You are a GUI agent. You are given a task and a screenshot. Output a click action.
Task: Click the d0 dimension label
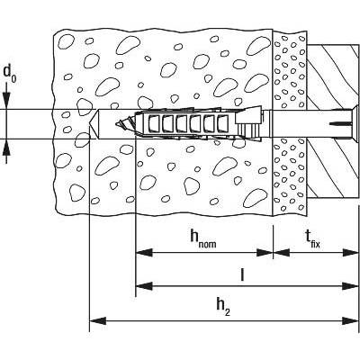pyautogui.click(x=10, y=74)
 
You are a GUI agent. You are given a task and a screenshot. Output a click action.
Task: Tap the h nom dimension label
pyautogui.click(x=203, y=238)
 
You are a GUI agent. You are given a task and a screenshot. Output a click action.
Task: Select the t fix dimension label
pyautogui.click(x=312, y=239)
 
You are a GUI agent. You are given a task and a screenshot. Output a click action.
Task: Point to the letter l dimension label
pyautogui.click(x=242, y=274)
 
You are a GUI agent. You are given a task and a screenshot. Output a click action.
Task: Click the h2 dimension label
pyautogui.click(x=222, y=307)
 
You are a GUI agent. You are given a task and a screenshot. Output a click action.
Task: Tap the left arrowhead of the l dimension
pyautogui.click(x=144, y=285)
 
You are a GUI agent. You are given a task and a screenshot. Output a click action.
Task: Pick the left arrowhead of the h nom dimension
pyautogui.click(x=144, y=253)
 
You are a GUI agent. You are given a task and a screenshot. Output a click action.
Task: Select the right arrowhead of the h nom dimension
pyautogui.click(x=265, y=253)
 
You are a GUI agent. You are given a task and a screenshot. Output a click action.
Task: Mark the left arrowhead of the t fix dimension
pyautogui.click(x=282, y=253)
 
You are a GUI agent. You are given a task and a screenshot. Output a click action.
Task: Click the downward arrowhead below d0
pyautogui.click(x=7, y=100)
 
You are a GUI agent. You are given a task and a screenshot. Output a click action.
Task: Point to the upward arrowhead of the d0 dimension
pyautogui.click(x=7, y=147)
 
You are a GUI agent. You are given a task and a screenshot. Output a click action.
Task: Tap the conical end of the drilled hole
pyautogui.click(x=94, y=123)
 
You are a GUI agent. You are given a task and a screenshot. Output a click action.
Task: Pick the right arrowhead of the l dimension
pyautogui.click(x=350, y=285)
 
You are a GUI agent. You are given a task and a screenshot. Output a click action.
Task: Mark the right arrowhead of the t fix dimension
pyautogui.click(x=350, y=253)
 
